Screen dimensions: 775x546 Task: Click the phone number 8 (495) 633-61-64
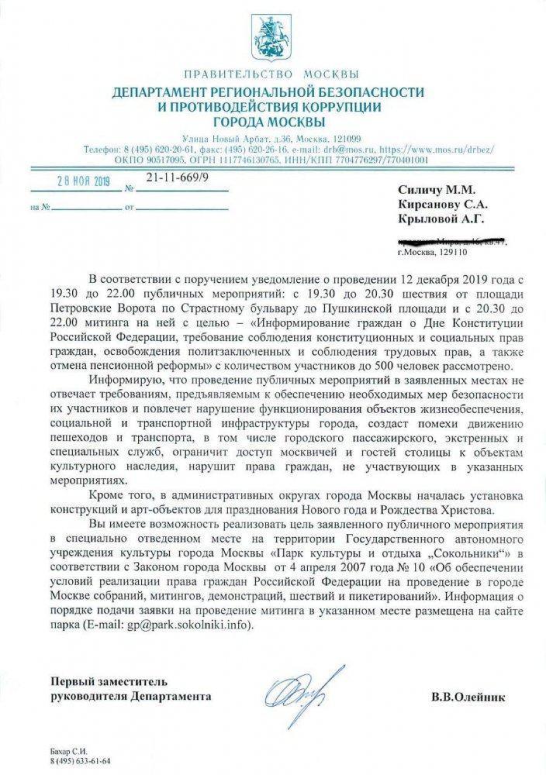coord(81,762)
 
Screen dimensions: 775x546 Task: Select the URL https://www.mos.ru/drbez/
coord(402,147)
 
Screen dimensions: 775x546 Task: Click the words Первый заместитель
coord(109,682)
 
